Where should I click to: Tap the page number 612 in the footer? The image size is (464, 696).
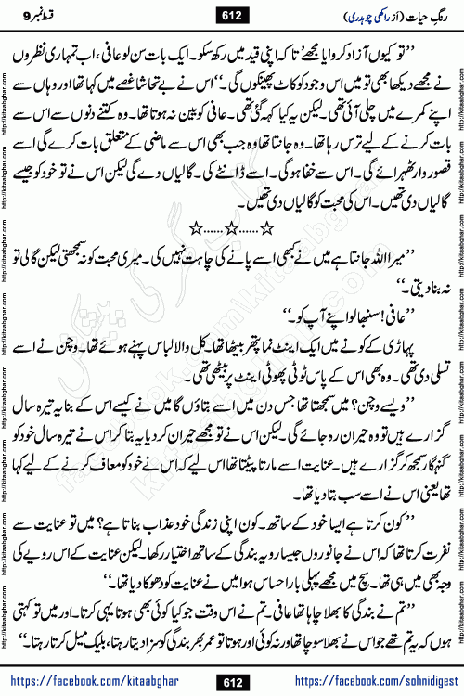click(232, 681)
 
